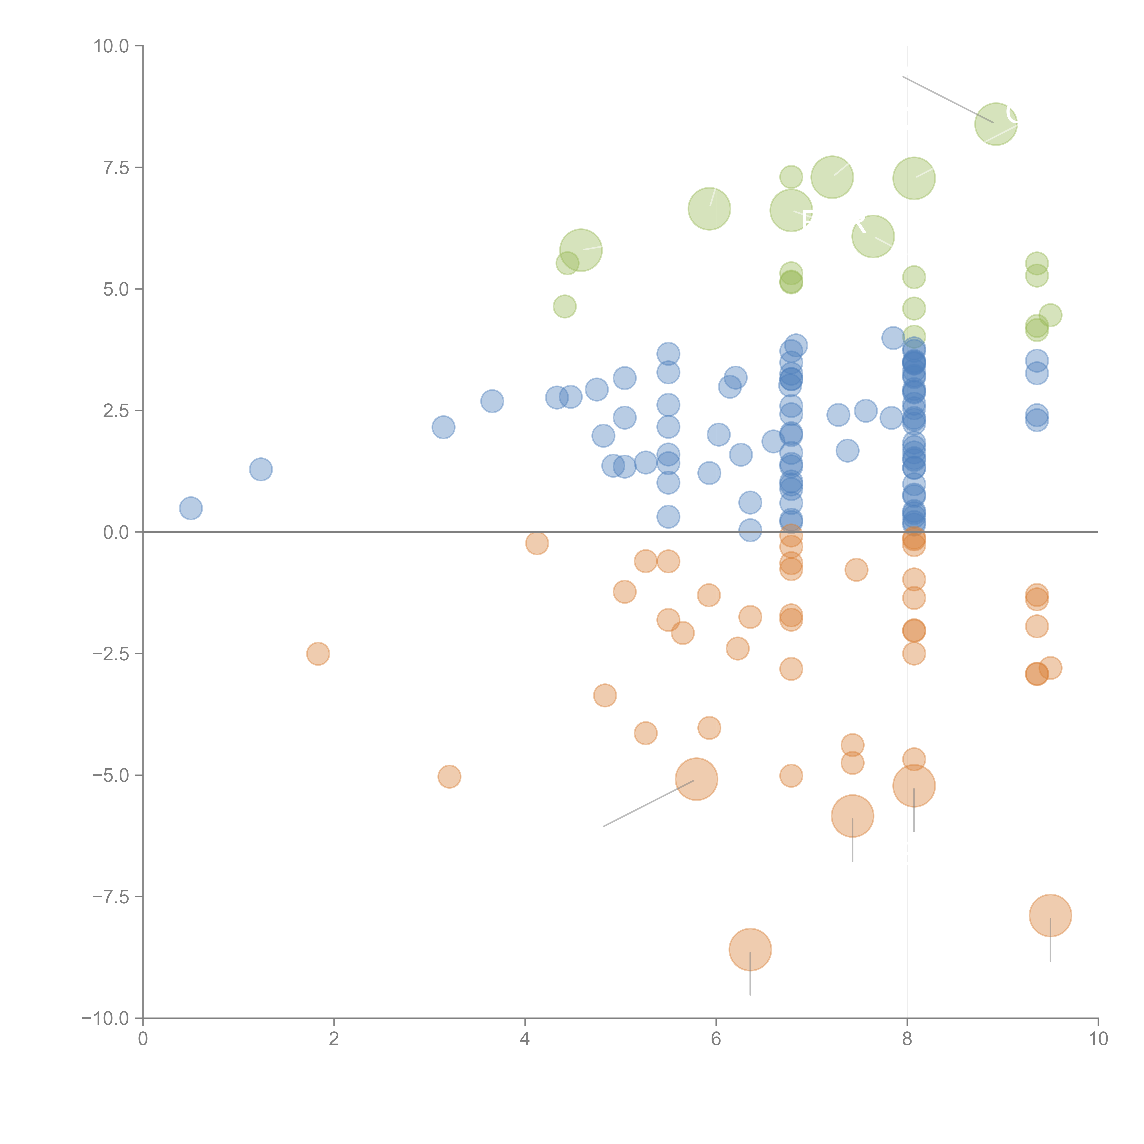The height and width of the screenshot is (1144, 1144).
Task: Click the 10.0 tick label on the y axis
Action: click(x=111, y=46)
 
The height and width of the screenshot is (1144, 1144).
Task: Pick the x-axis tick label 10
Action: click(x=1098, y=1039)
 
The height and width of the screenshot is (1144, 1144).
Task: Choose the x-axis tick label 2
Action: click(x=334, y=1039)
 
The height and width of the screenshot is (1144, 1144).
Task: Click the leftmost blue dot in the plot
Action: click(x=191, y=508)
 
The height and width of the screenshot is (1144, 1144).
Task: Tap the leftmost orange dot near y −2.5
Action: click(x=318, y=654)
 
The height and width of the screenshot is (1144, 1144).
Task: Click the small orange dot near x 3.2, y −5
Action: click(x=449, y=776)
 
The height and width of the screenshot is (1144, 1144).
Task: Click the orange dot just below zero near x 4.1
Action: click(x=537, y=543)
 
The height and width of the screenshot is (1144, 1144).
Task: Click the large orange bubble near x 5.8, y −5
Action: click(x=696, y=779)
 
